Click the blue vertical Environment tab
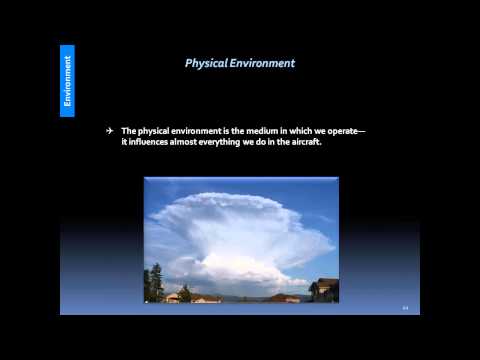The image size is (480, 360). click(x=67, y=80)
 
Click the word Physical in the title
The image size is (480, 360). click(x=207, y=63)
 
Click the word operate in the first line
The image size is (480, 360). click(x=334, y=131)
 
